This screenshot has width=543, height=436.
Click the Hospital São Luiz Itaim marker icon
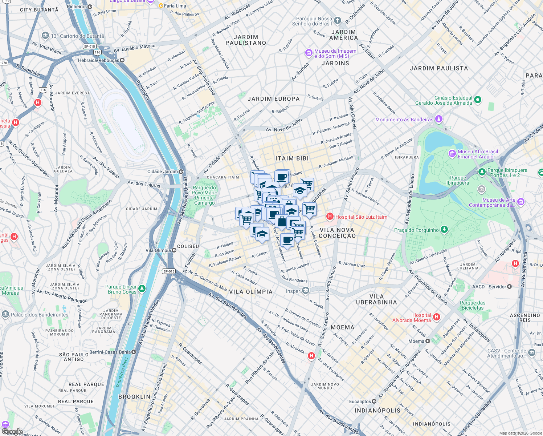pos(330,217)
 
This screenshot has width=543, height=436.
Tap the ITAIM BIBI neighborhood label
pos(292,158)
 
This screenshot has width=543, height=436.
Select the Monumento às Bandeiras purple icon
pos(439,119)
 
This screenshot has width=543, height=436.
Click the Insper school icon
pos(306,291)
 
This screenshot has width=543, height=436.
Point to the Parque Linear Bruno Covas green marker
pos(142,289)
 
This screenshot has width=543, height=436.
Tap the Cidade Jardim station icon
pos(181,171)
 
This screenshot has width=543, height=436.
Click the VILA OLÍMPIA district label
pos(251,292)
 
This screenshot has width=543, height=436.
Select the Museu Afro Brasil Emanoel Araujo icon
pos(452,154)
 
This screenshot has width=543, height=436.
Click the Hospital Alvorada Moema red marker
pos(437,317)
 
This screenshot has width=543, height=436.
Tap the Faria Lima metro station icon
pos(161,6)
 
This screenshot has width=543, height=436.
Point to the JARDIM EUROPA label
pos(274,99)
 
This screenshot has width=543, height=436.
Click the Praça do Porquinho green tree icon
pos(444,230)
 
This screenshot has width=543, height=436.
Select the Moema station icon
pos(428,341)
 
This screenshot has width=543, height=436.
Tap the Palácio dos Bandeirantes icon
pos(5,314)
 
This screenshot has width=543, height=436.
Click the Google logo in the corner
pos(12,432)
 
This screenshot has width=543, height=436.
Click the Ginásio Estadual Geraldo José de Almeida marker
pos(478,100)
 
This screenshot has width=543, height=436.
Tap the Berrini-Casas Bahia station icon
pos(134,352)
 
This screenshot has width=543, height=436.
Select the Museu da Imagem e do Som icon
pos(309,53)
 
